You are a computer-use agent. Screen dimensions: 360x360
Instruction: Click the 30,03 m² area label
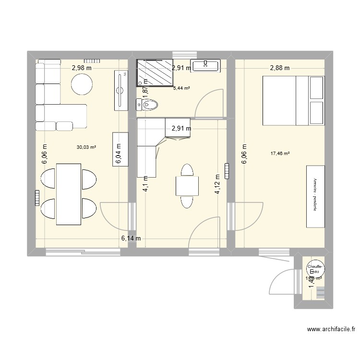pyautogui.click(x=86, y=147)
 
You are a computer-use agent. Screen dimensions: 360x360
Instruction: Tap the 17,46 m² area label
pyautogui.click(x=280, y=154)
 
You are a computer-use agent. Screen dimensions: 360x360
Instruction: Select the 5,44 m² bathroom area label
pyautogui.click(x=181, y=88)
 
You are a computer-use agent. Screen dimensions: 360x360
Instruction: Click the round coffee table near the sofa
pyautogui.click(x=82, y=85)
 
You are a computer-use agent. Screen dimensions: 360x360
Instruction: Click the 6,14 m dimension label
pyautogui.click(x=131, y=238)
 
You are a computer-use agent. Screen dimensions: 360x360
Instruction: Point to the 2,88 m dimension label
pyautogui.click(x=279, y=68)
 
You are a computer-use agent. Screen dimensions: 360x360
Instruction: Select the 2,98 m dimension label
pyautogui.click(x=82, y=68)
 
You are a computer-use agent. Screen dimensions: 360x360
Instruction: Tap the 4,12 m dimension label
pyautogui.click(x=217, y=184)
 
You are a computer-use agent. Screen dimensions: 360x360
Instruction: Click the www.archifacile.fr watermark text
pyautogui.click(x=331, y=330)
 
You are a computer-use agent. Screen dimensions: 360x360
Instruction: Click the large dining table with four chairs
pyautogui.click(x=69, y=193)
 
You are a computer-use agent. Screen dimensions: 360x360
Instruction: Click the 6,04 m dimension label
pyautogui.click(x=119, y=156)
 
